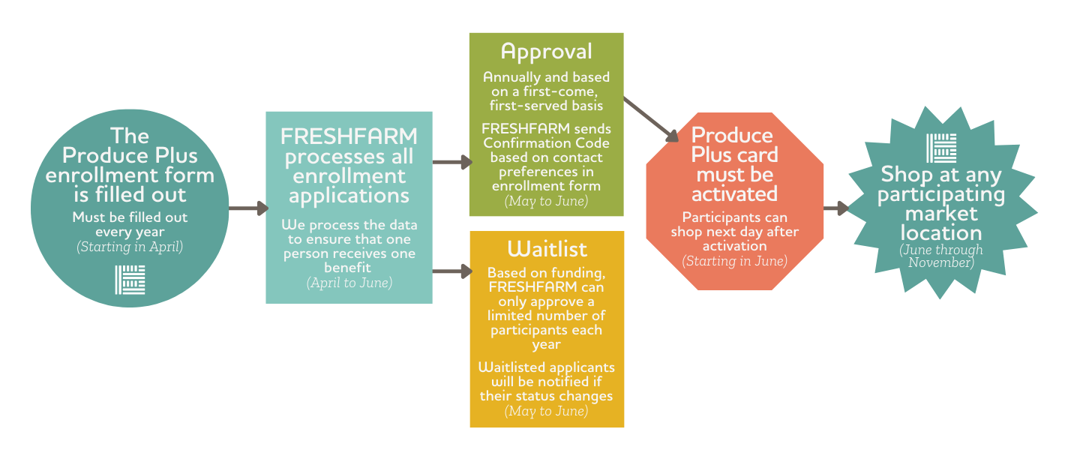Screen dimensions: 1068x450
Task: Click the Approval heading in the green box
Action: click(x=547, y=52)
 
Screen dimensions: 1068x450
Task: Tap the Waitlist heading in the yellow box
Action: click(x=547, y=249)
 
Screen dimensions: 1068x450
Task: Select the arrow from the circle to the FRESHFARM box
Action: click(x=248, y=208)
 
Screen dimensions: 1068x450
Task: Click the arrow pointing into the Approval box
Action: click(x=452, y=162)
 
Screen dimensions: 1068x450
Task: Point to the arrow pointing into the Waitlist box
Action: click(x=452, y=271)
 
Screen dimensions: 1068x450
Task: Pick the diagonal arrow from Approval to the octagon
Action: click(x=651, y=120)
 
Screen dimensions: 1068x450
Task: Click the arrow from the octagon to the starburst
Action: click(x=836, y=208)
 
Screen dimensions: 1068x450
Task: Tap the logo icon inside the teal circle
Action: click(x=130, y=280)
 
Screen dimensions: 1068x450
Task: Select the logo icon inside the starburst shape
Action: click(x=941, y=148)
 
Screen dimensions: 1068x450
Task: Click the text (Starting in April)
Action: click(x=130, y=247)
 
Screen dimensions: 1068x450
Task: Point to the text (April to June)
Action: click(x=349, y=283)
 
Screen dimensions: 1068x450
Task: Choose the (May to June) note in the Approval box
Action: click(x=547, y=201)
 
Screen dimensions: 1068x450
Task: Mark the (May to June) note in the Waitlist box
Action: click(x=547, y=411)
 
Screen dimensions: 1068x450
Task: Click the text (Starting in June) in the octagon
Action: click(x=734, y=261)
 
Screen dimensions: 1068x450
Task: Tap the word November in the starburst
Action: click(x=940, y=262)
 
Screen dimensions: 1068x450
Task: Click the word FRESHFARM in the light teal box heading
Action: click(x=349, y=136)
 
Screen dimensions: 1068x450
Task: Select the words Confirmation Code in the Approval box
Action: click(x=547, y=143)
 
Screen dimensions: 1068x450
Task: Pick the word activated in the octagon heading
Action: click(x=735, y=194)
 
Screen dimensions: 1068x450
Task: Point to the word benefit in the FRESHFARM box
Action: click(x=347, y=268)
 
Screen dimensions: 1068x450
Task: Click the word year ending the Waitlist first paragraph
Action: click(x=547, y=345)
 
